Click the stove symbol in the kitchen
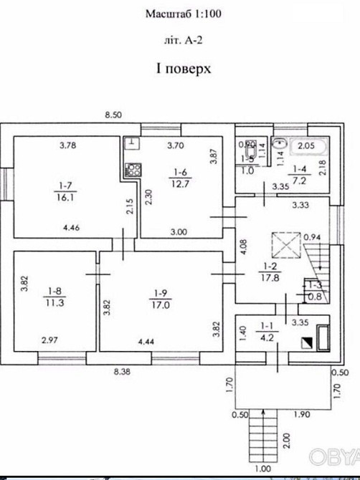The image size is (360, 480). click(133, 170)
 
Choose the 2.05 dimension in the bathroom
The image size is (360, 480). click(305, 145)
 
